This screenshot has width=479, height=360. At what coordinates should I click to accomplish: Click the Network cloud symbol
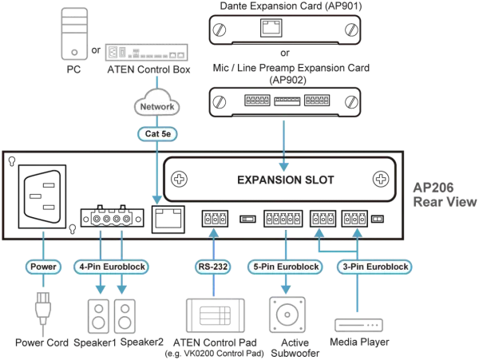coord(157,103)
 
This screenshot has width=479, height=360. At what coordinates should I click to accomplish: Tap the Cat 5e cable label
coord(157,134)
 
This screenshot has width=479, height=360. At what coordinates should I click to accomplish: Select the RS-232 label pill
coord(213,267)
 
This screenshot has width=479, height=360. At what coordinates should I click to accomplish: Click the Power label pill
coord(43,267)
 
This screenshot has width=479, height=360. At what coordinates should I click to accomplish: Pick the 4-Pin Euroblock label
coord(112,267)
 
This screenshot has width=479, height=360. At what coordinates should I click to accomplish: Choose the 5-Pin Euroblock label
coord(286,267)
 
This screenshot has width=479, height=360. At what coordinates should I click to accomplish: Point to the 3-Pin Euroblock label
coord(375,267)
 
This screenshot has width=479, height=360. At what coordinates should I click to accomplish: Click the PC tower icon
coord(74,34)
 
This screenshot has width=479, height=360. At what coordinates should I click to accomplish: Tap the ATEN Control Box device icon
coord(147,52)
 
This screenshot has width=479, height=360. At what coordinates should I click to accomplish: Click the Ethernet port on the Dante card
coord(271,28)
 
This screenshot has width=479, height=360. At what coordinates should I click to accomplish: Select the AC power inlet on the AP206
coord(42,196)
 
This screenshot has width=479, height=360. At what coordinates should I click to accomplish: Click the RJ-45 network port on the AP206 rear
coord(168,220)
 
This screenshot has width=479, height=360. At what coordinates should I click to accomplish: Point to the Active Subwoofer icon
coord(287,315)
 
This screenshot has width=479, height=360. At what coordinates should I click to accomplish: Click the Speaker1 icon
coord(98,316)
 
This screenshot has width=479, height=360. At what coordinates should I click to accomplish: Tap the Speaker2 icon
coord(125,316)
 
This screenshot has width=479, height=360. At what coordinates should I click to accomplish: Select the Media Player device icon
coord(358,325)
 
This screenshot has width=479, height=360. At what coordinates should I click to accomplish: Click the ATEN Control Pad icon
coord(216,315)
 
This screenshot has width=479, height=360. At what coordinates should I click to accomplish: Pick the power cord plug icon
coord(43,308)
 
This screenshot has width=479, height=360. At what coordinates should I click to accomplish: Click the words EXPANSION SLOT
coord(286,180)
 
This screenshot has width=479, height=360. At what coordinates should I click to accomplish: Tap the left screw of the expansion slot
coord(179,179)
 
